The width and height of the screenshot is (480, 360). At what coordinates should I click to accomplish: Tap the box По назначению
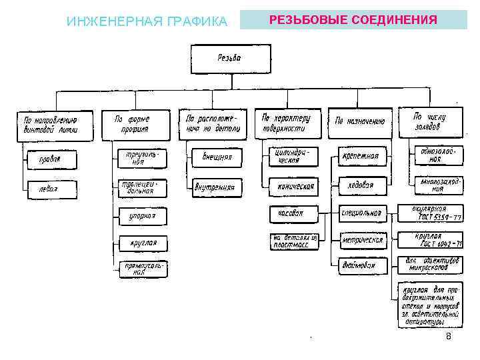[360, 122]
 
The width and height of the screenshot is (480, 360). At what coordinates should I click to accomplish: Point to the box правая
[51, 160]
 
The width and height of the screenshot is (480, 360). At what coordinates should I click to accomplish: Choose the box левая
[51, 189]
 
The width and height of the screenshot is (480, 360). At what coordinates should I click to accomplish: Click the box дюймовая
[360, 265]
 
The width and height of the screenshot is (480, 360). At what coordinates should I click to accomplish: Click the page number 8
[449, 337]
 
